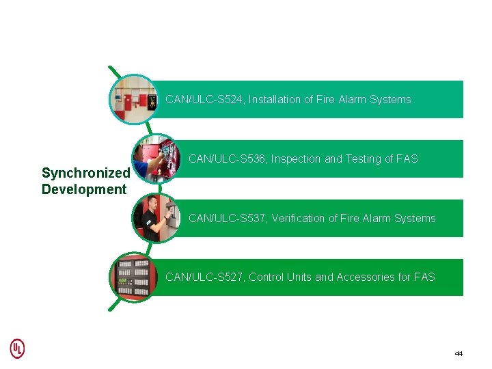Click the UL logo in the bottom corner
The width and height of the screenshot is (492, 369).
pos(17,348)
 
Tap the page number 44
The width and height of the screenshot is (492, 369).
pos(459,353)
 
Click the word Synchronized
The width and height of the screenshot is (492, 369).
pos(85,174)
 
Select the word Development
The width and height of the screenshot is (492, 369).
pos(84,189)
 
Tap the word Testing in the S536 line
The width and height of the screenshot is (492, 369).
pos(364,159)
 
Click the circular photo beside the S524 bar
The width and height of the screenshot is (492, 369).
pos(134,100)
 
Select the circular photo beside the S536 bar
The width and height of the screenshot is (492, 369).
pos(156,159)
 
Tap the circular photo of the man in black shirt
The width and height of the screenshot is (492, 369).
pos(156,218)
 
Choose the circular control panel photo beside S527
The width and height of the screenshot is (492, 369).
pos(134,277)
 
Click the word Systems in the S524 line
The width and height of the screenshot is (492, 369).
pos(391,100)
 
